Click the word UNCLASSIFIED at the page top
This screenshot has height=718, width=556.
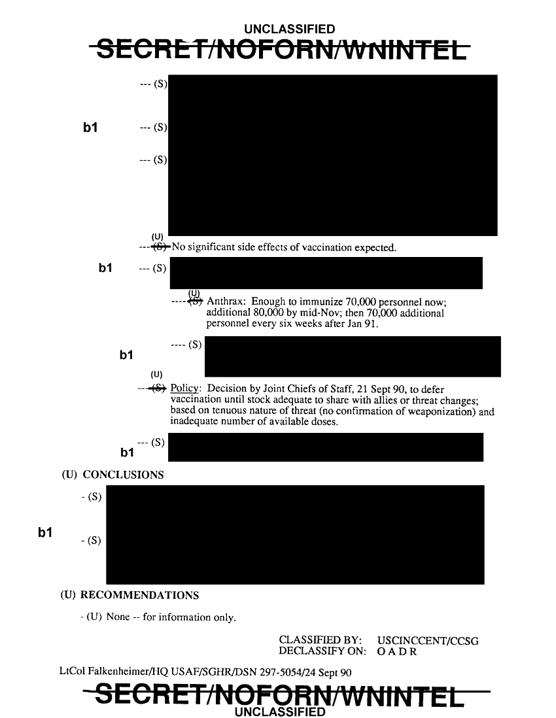pyautogui.click(x=289, y=29)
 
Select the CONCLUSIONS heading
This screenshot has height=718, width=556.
pyautogui.click(x=123, y=475)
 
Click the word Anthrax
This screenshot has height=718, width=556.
pyautogui.click(x=226, y=301)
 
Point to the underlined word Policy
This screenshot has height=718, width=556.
pyautogui.click(x=185, y=390)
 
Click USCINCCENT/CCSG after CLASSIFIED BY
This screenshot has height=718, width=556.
pyautogui.click(x=428, y=641)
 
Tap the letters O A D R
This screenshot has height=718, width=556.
pyautogui.click(x=397, y=652)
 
